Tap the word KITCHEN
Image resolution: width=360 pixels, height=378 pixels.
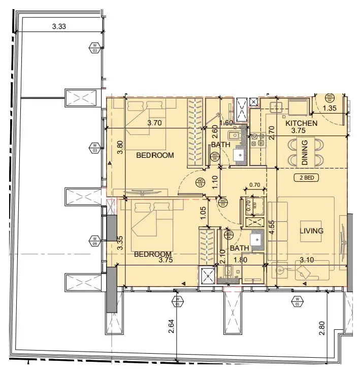click(301, 123)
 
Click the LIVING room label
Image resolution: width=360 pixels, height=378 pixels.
click(311, 231)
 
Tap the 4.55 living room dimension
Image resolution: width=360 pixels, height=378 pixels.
click(272, 226)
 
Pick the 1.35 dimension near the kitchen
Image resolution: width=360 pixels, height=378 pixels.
click(330, 108)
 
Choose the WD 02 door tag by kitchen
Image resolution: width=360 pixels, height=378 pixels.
click(329, 97)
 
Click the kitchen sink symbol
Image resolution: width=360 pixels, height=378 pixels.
click(277, 106)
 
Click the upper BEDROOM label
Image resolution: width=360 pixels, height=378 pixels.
click(155, 155)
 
